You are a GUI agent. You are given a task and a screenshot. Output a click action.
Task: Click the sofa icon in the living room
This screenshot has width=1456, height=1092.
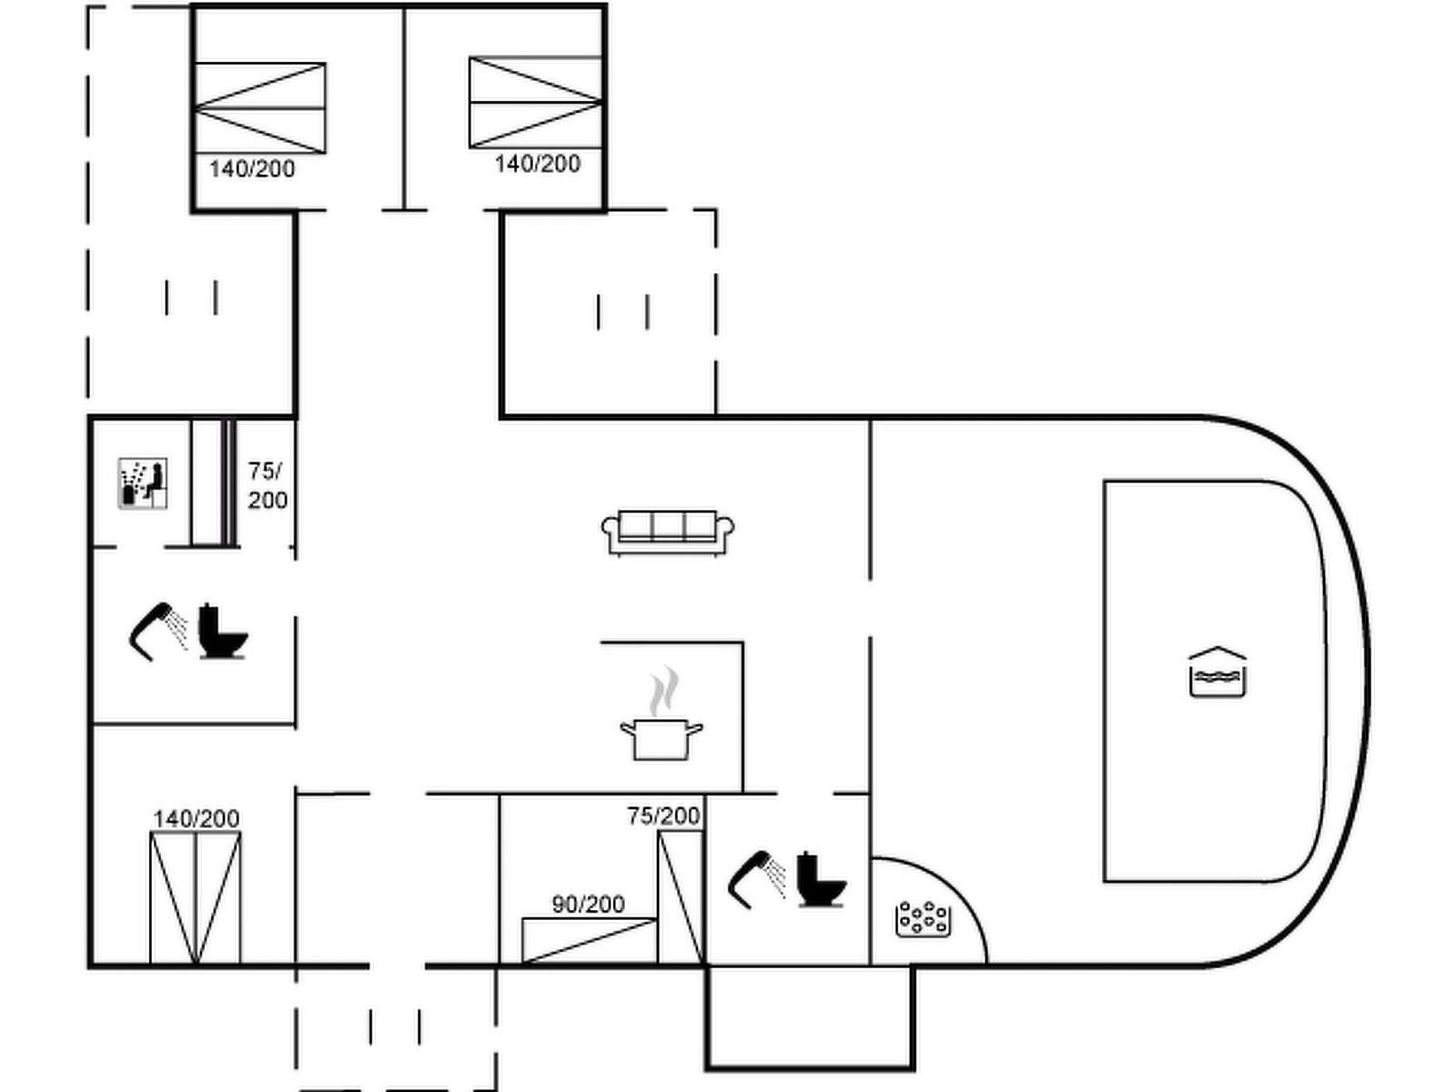tap(668, 532)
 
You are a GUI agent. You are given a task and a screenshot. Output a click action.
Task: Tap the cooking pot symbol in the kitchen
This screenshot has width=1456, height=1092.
tap(662, 737)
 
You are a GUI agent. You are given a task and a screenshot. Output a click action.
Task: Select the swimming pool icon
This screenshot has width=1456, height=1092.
tap(1218, 672)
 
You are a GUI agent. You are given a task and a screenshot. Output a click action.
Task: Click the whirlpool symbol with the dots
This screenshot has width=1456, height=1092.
tap(923, 919)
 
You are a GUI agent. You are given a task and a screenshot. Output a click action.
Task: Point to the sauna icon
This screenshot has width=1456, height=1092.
tap(143, 483)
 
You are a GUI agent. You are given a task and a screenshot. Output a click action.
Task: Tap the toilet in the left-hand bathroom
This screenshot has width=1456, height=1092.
tap(222, 631)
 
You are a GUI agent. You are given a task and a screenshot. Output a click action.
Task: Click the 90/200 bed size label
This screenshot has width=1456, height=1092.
tap(588, 904)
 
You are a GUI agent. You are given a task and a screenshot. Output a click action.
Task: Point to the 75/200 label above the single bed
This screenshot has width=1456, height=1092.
tap(663, 815)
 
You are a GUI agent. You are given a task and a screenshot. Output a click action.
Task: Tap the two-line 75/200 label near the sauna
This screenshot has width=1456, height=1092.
tap(267, 485)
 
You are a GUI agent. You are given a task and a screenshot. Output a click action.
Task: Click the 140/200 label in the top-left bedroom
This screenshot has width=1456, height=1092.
tap(252, 168)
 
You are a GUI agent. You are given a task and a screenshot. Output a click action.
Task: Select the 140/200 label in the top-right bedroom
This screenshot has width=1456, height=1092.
tap(537, 163)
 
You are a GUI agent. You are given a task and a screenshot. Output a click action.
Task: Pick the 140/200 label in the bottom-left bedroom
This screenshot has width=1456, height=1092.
tap(196, 818)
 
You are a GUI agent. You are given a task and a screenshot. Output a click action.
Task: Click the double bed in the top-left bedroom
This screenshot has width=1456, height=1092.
tap(260, 107)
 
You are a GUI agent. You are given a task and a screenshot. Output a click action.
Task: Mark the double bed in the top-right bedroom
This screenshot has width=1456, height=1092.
tap(535, 102)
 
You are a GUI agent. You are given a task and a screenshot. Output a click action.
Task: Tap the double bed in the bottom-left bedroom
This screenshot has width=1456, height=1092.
tap(196, 897)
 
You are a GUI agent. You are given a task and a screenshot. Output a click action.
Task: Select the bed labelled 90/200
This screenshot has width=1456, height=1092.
tap(589, 940)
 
